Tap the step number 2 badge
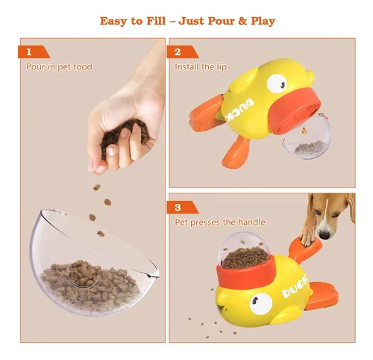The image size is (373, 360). (x=182, y=52)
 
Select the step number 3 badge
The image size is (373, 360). (x=182, y=207)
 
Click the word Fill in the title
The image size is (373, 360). (x=156, y=21)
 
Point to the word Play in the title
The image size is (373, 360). (x=263, y=21)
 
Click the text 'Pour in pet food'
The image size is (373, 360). (x=59, y=66)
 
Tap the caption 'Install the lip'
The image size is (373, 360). (x=201, y=66)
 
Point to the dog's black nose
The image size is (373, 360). (x=325, y=235)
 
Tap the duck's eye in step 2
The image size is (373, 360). (x=277, y=84)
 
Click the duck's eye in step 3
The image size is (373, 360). (x=260, y=303)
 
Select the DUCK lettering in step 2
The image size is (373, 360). (x=240, y=110)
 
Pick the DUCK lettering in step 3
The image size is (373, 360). (x=295, y=288)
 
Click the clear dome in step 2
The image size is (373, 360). (x=307, y=137)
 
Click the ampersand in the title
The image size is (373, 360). (x=242, y=21)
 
